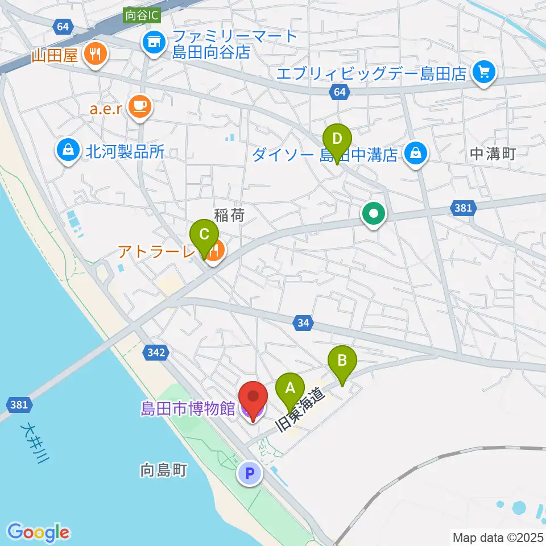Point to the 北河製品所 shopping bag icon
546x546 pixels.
pyautogui.click(x=68, y=151)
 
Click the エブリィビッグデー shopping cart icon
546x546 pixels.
pyautogui.click(x=484, y=72)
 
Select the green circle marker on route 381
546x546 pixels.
pyautogui.click(x=374, y=214)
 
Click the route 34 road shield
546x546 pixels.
pyautogui.click(x=303, y=323)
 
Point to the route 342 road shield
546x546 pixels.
pyautogui.click(x=155, y=353)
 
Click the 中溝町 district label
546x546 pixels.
pyautogui.click(x=493, y=154)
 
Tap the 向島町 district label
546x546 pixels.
pyautogui.click(x=163, y=470)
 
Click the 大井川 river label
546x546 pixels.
pyautogui.click(x=33, y=442)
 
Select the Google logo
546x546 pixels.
pyautogui.click(x=39, y=532)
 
